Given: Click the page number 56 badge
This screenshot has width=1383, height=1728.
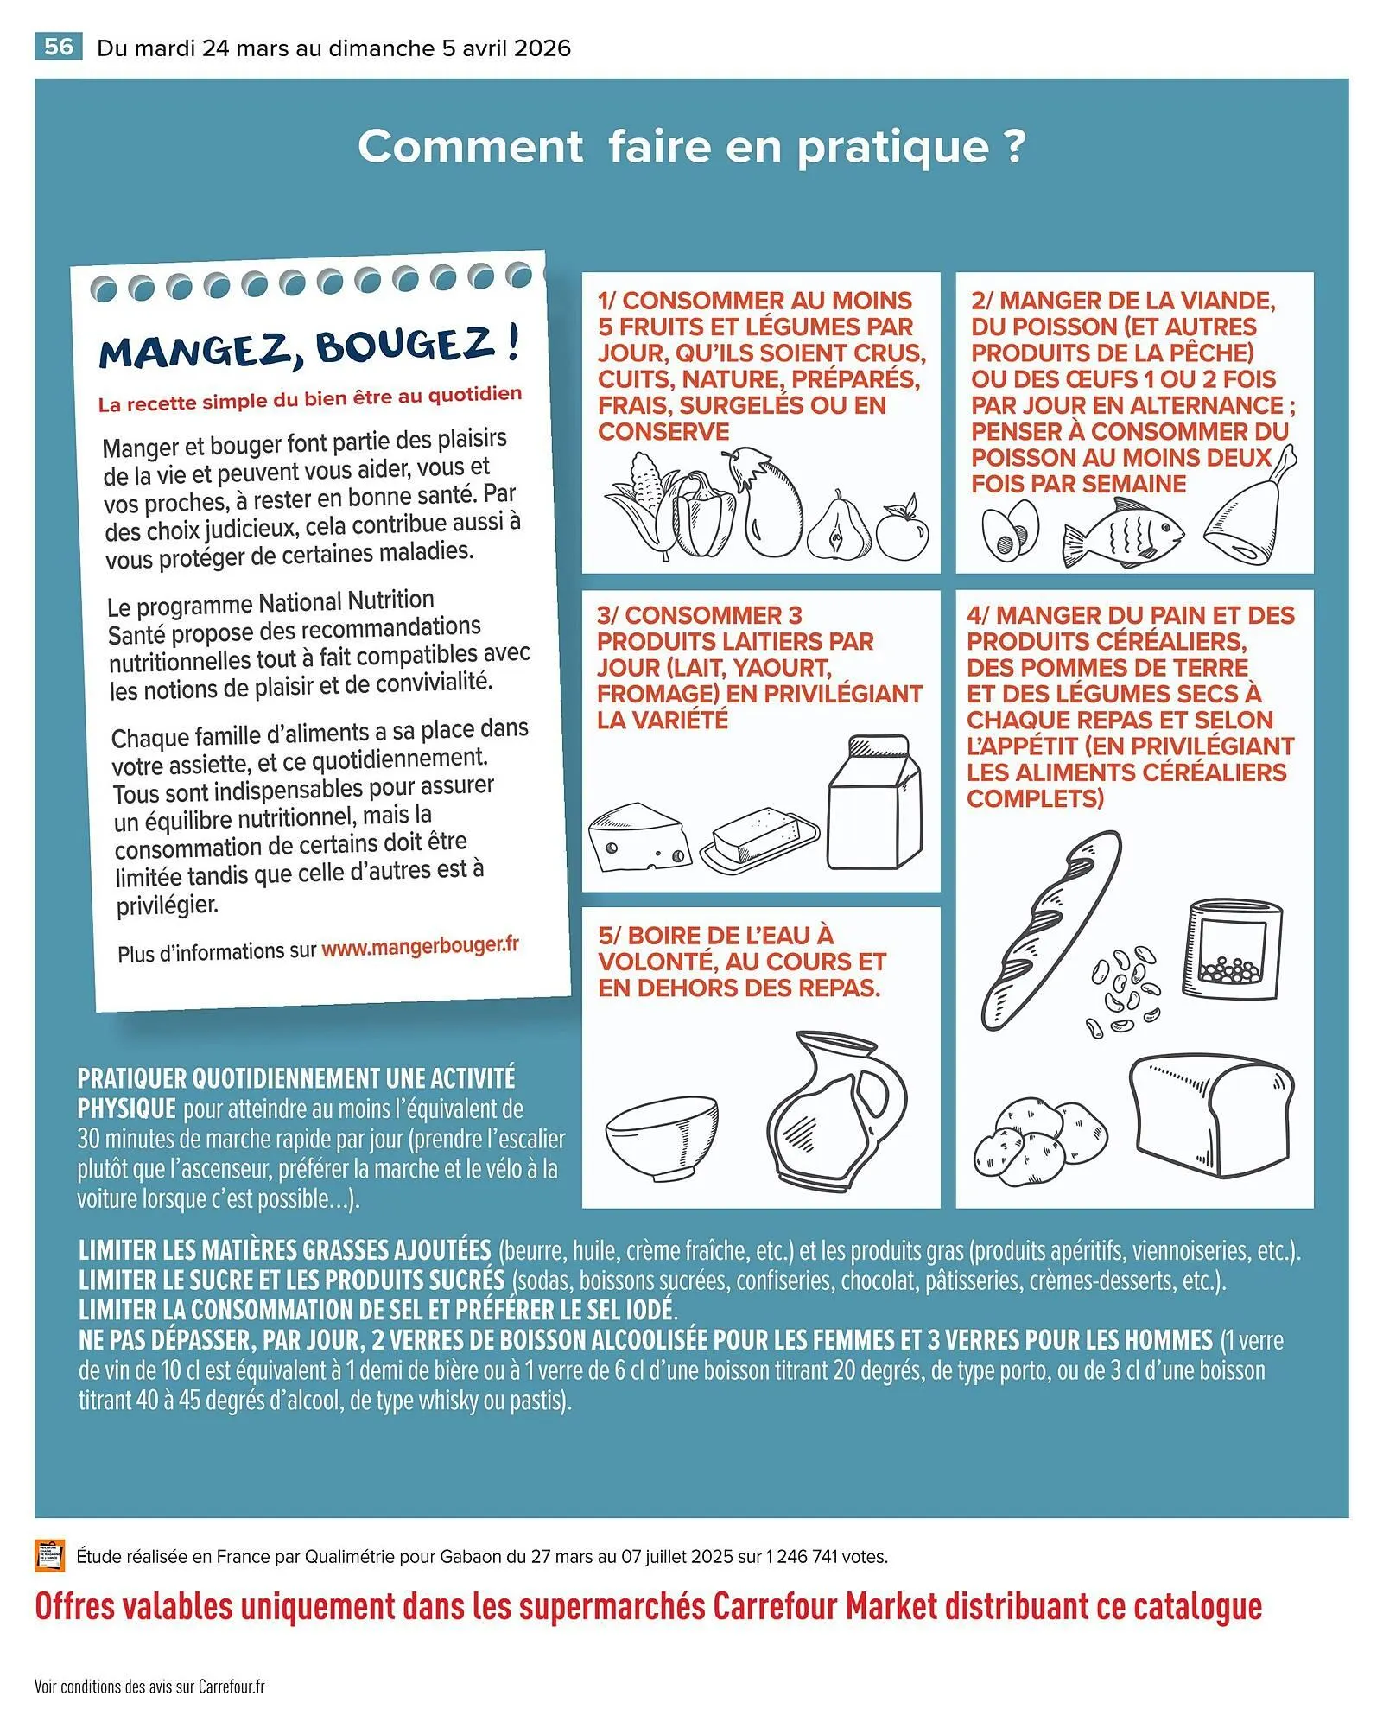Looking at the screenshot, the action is coord(59,47).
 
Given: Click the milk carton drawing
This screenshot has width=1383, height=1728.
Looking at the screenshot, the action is coord(874,801).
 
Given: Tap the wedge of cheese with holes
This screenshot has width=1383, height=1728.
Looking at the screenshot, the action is coord(640,836).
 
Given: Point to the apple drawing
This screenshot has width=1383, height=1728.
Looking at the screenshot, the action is coord(903,528).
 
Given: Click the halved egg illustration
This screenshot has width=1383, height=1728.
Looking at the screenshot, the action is coord(1011,529).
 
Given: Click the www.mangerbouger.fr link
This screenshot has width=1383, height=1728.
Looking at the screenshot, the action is coord(421,946).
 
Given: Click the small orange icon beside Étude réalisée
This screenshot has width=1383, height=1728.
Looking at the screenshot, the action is coord(50,1555).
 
